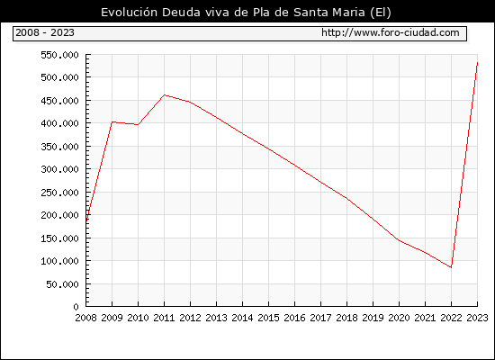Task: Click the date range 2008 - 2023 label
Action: (x=45, y=32)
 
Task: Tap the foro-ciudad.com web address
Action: (x=391, y=32)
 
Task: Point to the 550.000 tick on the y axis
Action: (x=59, y=55)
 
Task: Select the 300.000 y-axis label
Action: (x=59, y=169)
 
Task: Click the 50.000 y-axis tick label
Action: (x=62, y=284)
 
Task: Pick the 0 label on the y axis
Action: (x=76, y=307)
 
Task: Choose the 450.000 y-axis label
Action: (x=59, y=101)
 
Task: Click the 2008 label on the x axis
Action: (x=85, y=318)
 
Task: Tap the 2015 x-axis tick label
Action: (x=269, y=318)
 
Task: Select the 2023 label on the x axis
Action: (x=477, y=318)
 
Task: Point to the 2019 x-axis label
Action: (x=373, y=318)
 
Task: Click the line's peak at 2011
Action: (x=164, y=95)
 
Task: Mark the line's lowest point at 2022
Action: (x=451, y=267)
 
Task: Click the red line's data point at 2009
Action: (x=112, y=121)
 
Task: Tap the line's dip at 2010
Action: (x=138, y=125)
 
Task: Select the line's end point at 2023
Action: (x=477, y=63)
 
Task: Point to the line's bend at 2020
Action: (x=399, y=240)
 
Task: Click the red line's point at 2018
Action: (x=346, y=198)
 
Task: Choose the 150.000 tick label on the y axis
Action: (x=59, y=238)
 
